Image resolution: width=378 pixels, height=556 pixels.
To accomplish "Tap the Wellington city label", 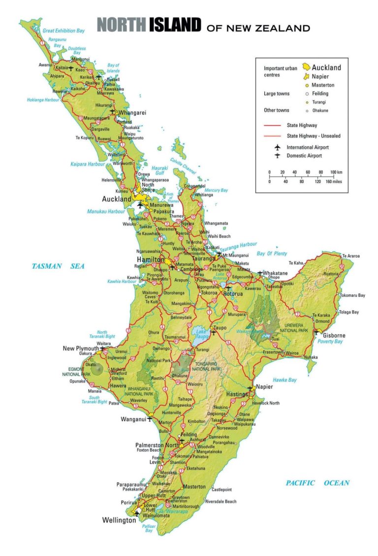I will (119, 520).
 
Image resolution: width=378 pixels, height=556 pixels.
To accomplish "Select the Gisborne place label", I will (334, 335).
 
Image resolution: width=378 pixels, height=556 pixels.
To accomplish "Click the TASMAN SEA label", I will (58, 266).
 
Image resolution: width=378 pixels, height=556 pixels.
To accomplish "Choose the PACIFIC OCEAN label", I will (317, 483).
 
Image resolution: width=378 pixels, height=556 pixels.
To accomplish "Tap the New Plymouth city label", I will (81, 348).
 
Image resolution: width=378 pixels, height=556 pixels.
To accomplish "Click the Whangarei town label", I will (132, 112).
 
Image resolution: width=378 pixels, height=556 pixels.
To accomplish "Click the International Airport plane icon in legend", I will (277, 147).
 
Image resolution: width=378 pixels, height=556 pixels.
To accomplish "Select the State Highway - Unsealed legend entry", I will (314, 135).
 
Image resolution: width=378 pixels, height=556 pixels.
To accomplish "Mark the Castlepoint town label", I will (222, 490).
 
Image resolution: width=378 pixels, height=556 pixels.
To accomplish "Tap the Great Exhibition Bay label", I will (63, 31).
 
